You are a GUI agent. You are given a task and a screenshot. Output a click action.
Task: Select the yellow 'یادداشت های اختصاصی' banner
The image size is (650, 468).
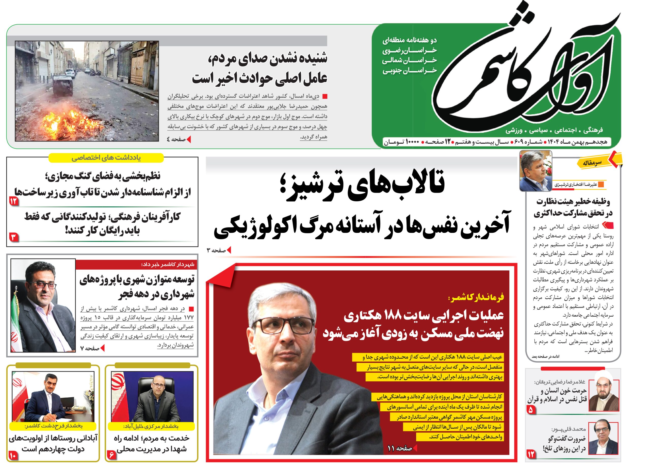[106, 158]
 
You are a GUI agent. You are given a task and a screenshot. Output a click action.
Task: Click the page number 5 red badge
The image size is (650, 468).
[530, 410]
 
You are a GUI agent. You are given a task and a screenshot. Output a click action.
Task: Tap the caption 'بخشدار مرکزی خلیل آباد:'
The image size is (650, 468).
[151, 426]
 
